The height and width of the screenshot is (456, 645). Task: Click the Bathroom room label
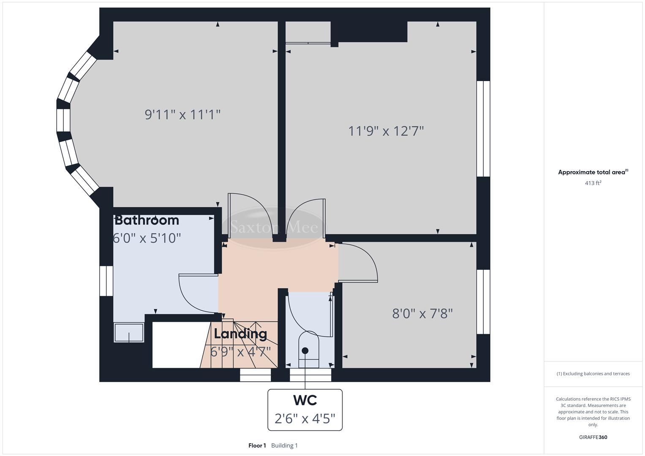point(147,220)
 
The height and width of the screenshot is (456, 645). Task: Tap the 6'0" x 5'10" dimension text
point(147,238)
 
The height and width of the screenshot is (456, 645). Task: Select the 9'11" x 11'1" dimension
point(182,114)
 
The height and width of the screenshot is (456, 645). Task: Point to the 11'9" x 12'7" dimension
point(386,131)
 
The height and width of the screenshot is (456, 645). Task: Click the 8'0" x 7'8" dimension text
point(422,314)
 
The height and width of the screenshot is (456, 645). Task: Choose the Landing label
point(240,334)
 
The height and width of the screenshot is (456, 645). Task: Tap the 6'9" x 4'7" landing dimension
point(240,351)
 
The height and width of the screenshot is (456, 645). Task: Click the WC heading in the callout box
point(305,400)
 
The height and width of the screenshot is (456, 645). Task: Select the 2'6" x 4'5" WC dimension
point(305,418)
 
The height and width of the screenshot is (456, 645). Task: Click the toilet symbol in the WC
point(308,346)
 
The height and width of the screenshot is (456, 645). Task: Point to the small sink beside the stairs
point(129,332)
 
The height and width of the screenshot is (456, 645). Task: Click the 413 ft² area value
point(593,183)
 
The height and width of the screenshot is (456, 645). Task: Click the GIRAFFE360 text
point(593,437)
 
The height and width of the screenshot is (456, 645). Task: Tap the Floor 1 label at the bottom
point(257,445)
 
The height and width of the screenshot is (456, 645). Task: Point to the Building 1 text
point(284,445)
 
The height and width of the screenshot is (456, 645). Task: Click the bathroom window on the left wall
point(106,281)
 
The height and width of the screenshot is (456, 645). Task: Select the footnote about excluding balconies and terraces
point(593,374)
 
